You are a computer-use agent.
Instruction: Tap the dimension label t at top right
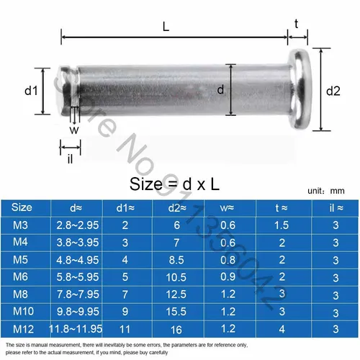pos(297,22)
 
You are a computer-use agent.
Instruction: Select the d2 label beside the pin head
pos(333,91)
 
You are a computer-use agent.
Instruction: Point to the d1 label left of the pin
pos(30,91)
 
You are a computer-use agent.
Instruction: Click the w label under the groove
pos(73,130)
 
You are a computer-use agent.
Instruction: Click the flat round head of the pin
pos(298,90)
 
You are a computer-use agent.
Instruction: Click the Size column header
pos(23,207)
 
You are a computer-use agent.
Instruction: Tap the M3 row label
pos(23,226)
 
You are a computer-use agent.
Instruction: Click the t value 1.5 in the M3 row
pos(283,226)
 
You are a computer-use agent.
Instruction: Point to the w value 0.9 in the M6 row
pos(227,278)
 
